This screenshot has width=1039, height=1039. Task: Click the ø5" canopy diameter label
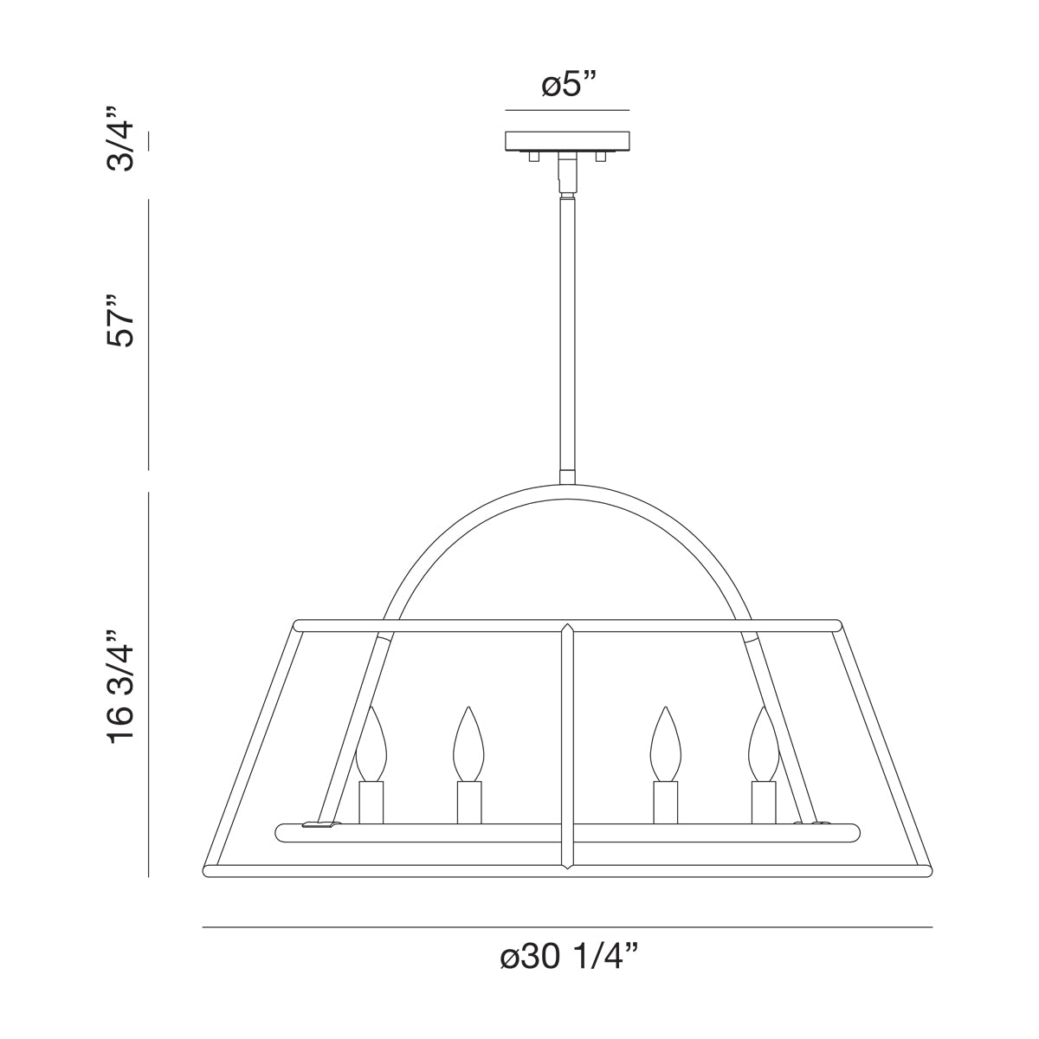pyautogui.click(x=568, y=87)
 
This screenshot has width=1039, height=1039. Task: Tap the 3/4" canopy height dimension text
pyautogui.click(x=120, y=139)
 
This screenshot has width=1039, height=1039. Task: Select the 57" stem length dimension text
pyautogui.click(x=120, y=320)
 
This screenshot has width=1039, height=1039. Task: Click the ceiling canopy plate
pyautogui.click(x=567, y=140)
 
